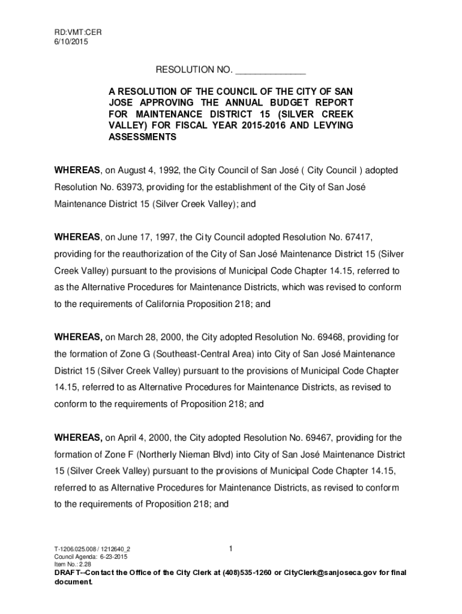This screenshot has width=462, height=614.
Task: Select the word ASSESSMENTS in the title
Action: coord(142,137)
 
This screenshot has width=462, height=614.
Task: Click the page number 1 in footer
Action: coord(230,548)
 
